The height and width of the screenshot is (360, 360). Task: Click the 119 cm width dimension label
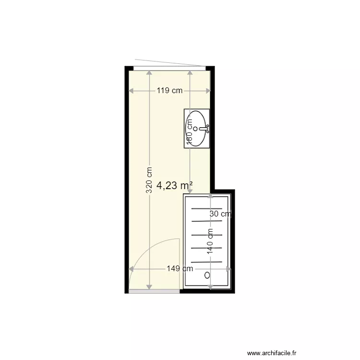coord(169,90)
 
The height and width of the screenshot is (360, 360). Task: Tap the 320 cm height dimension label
coord(149,180)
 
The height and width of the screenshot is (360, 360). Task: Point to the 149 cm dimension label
coord(180,269)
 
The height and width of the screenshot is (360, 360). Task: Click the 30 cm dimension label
coord(220,214)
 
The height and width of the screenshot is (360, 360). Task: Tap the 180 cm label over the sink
coord(189,133)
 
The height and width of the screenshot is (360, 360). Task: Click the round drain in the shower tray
coord(207,276)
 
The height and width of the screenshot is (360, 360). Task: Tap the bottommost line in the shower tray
coord(207,262)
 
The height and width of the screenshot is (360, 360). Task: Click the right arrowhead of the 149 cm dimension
coord(229,269)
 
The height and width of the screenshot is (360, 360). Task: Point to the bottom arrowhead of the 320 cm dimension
coord(149,286)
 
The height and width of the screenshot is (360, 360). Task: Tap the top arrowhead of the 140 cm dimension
coord(210,196)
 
